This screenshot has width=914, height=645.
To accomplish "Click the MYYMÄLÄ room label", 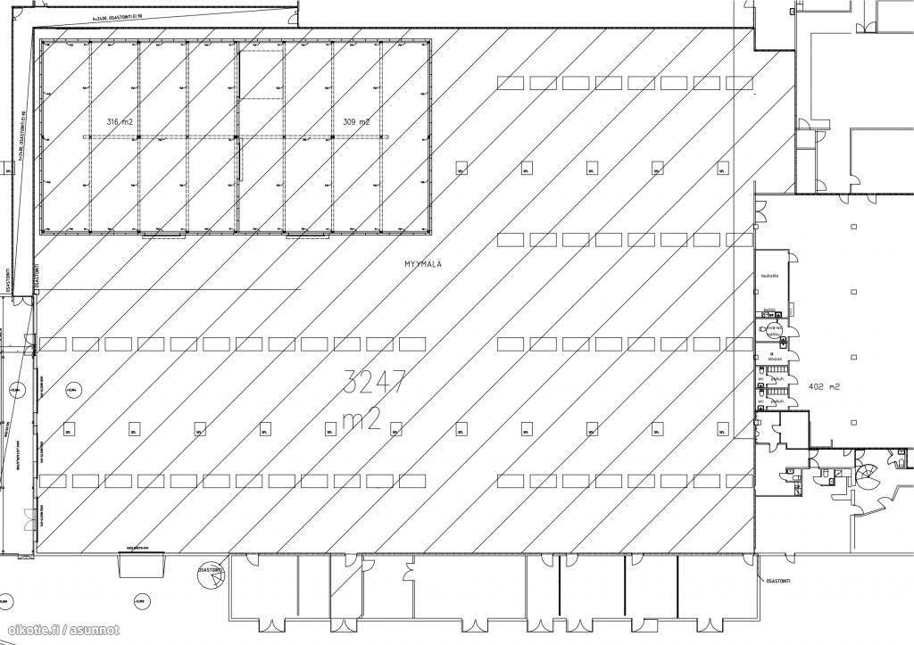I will [424, 264].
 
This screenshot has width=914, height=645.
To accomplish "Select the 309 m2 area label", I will [356, 121].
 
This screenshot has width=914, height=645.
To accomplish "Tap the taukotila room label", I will [769, 277].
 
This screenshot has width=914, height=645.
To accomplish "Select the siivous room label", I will [775, 359].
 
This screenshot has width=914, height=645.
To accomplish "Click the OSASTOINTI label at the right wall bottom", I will [780, 583].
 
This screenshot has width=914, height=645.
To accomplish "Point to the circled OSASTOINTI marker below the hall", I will [214, 580].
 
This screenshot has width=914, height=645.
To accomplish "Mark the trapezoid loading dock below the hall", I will [142, 563].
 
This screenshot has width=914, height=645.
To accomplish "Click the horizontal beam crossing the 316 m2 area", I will [161, 136].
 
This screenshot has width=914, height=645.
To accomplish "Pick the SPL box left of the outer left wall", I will [8, 169].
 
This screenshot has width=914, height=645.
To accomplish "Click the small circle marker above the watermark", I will [140, 602].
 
